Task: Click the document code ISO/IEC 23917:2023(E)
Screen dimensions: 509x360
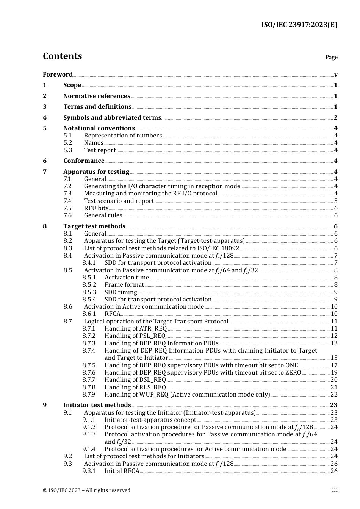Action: pyautogui.click(x=299, y=25)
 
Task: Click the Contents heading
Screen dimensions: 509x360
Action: pyautogui.click(x=62, y=56)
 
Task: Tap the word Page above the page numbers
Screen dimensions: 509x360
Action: pyautogui.click(x=331, y=57)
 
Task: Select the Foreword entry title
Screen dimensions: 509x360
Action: pyautogui.click(x=58, y=74)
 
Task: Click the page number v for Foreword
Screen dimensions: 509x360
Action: pyautogui.click(x=336, y=75)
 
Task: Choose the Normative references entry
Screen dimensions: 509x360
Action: pyautogui.click(x=97, y=96)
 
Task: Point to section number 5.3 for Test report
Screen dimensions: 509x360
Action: pyautogui.click(x=67, y=150)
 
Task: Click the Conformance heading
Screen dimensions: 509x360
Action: pyautogui.click(x=84, y=161)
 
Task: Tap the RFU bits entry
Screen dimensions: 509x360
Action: pyautogui.click(x=96, y=208)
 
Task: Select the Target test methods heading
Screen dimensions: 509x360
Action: pyautogui.click(x=94, y=226)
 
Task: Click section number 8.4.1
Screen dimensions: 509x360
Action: pyautogui.click(x=89, y=262)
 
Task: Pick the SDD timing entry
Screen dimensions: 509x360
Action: pyautogui.click(x=121, y=292)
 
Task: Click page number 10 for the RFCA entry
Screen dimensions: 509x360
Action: pyautogui.click(x=334, y=314)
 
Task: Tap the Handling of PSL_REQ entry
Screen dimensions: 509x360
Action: pyautogui.click(x=135, y=336)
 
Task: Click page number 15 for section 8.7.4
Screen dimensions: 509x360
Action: pyautogui.click(x=334, y=358)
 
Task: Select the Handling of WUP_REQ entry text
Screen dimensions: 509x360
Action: pyautogui.click(x=187, y=394)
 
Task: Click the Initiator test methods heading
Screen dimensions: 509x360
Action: pyautogui.click(x=97, y=405)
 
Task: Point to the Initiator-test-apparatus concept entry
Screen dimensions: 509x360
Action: pyautogui.click(x=150, y=420)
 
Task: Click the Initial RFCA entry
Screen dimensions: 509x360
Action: pyautogui.click(x=122, y=471)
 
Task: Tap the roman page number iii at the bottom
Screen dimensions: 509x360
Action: pyautogui.click(x=335, y=490)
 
